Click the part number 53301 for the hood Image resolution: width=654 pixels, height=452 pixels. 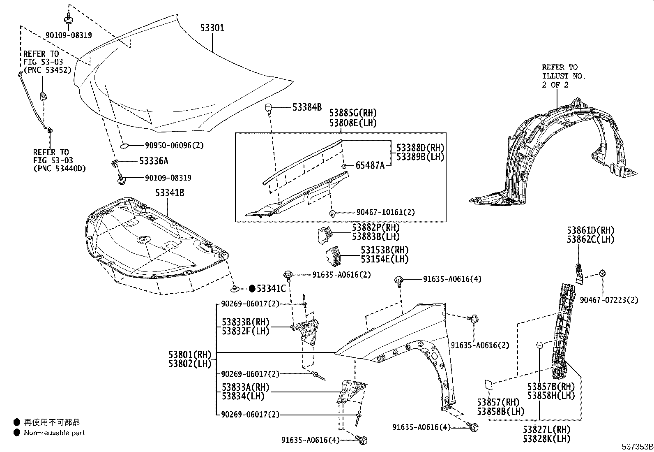point(212,28)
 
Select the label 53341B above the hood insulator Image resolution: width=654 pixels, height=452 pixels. point(169,192)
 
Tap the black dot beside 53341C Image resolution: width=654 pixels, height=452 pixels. point(252,288)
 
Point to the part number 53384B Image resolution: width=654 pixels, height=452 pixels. point(307,107)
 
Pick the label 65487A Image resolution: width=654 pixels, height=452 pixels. point(370,166)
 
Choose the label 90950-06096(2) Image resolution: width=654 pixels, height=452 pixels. point(174,145)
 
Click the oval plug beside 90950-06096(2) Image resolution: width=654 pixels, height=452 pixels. point(125,146)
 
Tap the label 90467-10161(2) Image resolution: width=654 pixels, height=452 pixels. point(385,212)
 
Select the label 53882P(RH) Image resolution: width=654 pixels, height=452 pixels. point(375,227)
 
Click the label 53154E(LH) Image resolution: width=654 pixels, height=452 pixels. point(385,259)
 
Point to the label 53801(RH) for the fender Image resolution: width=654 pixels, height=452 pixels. point(189,354)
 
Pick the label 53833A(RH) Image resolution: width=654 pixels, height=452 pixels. point(246,387)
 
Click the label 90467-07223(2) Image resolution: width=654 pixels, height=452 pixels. point(609,300)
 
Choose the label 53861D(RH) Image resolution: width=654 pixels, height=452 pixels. point(591,230)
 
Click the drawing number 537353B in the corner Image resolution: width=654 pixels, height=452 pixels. point(637,446)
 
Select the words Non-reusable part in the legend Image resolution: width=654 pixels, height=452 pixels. point(54,433)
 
